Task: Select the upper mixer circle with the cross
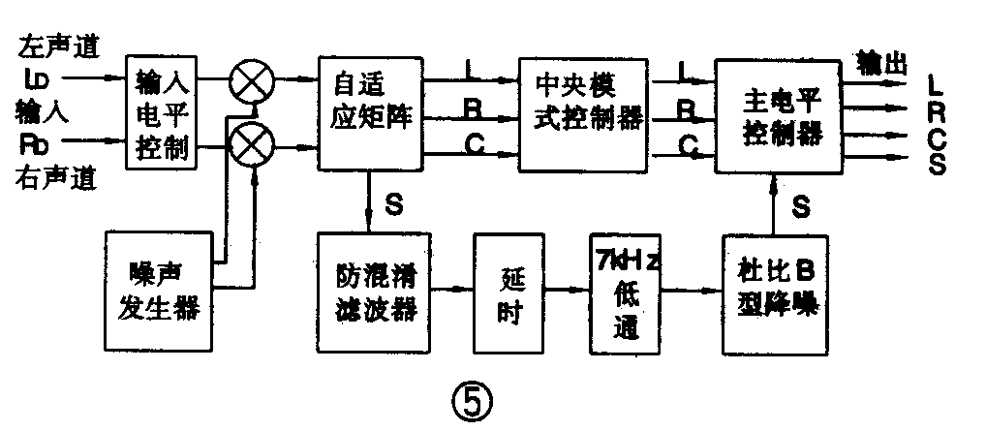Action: (250, 84)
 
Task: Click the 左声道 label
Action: (57, 45)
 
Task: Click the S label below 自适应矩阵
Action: (395, 204)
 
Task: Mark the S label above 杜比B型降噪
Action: (800, 204)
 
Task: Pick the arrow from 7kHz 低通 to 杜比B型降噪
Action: (690, 288)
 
